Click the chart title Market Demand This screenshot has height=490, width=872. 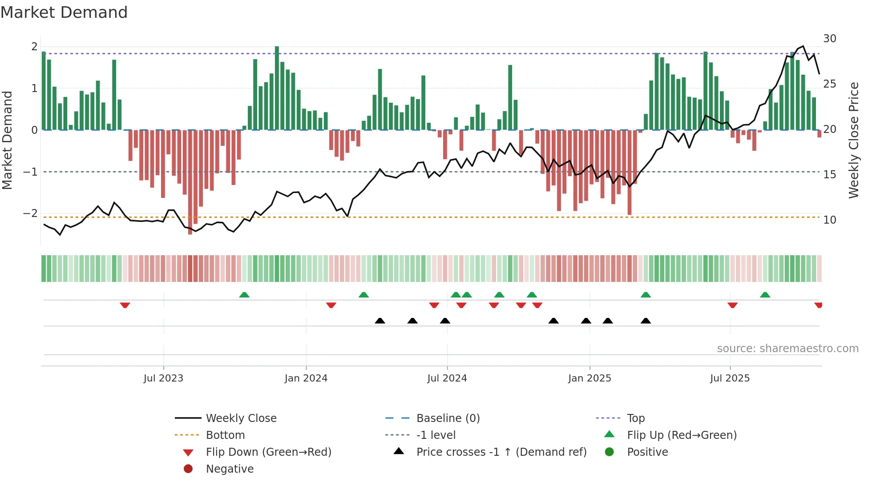(64, 12)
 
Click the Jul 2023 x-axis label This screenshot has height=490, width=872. (163, 378)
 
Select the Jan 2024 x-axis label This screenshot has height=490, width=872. (306, 378)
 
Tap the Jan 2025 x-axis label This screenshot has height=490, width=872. (589, 378)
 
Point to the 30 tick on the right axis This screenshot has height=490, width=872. (829, 39)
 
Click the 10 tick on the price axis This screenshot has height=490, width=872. (829, 220)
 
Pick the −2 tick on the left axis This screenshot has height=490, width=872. (31, 213)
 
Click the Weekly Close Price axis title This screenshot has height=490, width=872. (853, 140)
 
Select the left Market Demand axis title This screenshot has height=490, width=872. (8, 140)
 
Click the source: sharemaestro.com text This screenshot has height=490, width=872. (787, 349)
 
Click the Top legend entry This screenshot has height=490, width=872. (635, 418)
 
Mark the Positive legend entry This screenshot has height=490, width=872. (647, 452)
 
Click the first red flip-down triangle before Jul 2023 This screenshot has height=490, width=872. (125, 305)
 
